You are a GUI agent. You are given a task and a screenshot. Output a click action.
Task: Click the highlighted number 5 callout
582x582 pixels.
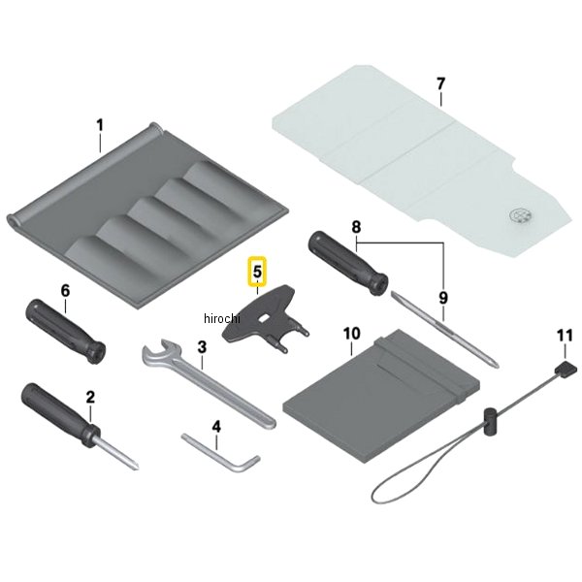point(257,272)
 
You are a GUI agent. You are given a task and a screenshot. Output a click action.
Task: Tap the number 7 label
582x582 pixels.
point(440,83)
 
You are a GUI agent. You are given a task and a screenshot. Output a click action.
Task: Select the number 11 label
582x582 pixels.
point(565,336)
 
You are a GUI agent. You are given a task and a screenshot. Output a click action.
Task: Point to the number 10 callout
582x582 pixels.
point(351,334)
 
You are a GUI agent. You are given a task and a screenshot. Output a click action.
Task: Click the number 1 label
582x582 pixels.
point(100,125)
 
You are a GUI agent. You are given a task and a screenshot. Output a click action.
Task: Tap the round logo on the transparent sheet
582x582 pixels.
point(520,215)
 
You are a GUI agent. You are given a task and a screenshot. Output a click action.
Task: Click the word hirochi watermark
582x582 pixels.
point(222,318)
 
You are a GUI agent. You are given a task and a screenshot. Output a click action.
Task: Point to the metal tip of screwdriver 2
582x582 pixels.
point(118,453)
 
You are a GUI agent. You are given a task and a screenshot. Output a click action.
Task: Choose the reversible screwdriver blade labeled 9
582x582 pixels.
point(444,330)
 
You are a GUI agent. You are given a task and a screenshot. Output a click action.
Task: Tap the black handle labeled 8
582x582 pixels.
point(348,263)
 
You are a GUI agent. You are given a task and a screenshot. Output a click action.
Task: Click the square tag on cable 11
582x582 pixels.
point(566,368)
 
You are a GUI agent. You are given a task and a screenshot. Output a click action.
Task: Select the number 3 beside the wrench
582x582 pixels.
point(202,347)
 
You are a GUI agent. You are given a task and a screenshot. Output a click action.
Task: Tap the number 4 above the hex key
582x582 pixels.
point(216,427)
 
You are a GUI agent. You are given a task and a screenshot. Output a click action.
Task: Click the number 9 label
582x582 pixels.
point(443,298)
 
